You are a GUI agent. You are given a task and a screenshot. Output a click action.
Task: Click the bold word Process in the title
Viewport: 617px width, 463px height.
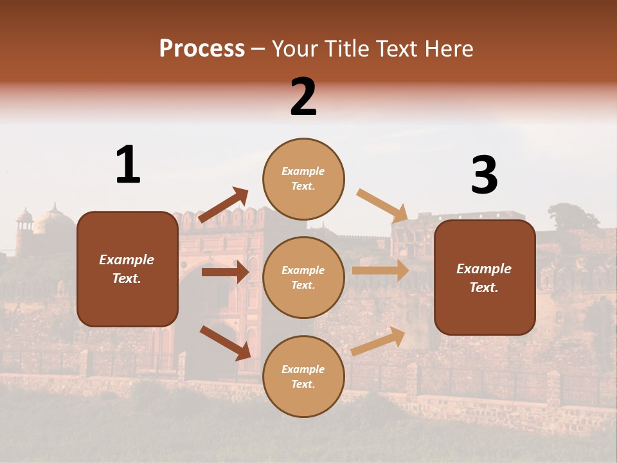(x=202, y=48)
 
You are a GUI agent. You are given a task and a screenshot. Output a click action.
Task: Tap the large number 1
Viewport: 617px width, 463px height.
(x=128, y=165)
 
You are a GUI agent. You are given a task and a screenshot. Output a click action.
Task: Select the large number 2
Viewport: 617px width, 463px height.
(x=303, y=96)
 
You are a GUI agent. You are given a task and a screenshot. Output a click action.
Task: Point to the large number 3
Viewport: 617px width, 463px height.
(x=484, y=176)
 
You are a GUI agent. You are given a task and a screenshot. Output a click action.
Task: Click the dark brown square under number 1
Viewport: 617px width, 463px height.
(x=127, y=269)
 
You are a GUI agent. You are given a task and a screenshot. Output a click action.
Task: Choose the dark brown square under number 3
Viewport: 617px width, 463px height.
(x=485, y=277)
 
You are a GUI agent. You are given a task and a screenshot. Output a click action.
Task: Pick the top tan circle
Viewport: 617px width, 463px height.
(x=303, y=179)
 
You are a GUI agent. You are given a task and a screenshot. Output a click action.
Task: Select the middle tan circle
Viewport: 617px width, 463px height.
(x=303, y=277)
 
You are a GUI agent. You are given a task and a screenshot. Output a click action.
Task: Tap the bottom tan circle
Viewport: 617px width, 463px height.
(x=303, y=376)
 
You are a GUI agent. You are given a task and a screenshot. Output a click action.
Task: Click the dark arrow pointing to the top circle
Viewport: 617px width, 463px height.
(x=224, y=205)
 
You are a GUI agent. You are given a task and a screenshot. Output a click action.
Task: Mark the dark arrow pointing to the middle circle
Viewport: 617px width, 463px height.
(x=225, y=272)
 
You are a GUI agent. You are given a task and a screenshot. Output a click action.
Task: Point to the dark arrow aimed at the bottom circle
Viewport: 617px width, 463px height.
(x=225, y=342)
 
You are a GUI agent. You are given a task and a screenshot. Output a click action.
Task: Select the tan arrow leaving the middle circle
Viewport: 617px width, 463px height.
(x=380, y=270)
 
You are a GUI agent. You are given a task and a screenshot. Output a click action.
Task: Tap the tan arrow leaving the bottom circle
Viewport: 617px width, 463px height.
(x=378, y=341)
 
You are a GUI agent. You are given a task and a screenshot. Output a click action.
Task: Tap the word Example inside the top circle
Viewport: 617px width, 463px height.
(x=303, y=171)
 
